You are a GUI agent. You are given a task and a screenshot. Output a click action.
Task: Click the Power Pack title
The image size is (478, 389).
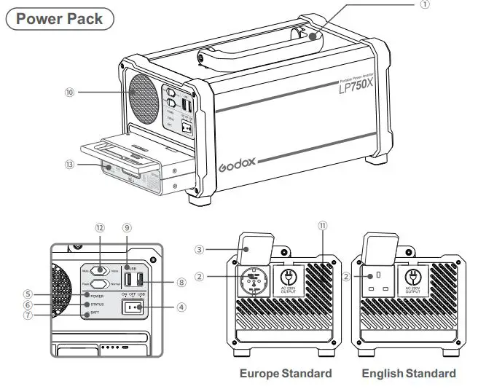pyautogui.click(x=60, y=19)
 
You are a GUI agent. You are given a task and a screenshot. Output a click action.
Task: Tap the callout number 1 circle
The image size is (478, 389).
pyautogui.click(x=426, y=4)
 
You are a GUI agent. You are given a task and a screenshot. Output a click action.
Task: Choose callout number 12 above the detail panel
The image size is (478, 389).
pyautogui.click(x=100, y=228)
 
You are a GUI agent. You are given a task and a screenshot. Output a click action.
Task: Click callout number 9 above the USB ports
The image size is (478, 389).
pyautogui.click(x=127, y=228)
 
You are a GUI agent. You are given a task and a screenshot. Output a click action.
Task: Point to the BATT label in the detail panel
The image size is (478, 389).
pyautogui.click(x=95, y=313)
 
